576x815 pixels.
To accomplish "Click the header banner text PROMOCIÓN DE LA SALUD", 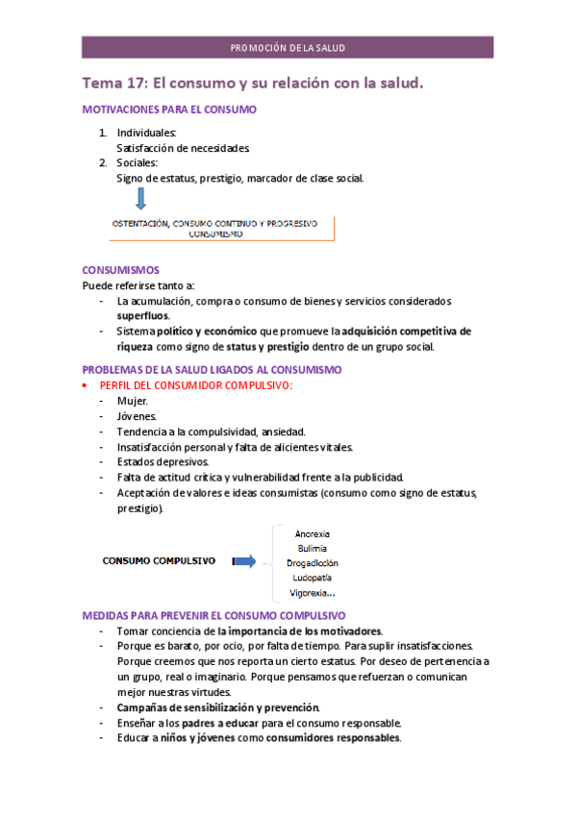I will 288,48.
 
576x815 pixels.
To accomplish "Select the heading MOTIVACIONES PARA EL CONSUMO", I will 169,110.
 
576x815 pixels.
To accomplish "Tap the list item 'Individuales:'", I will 146,133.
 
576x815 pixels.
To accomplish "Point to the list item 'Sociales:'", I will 138,162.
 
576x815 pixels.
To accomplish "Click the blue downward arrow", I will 140,199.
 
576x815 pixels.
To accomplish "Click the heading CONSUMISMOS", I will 120,270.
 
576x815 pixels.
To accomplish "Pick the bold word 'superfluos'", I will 142,315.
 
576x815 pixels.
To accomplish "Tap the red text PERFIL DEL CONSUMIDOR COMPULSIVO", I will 203,385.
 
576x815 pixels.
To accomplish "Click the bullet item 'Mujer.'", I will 133,401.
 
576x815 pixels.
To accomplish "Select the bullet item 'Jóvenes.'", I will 138,416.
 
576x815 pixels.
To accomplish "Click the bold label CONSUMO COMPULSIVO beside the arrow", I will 159,561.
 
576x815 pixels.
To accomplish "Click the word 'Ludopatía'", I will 312,578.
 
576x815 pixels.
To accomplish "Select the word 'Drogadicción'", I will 312,563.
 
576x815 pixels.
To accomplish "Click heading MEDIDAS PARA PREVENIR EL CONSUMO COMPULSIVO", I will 214,615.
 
